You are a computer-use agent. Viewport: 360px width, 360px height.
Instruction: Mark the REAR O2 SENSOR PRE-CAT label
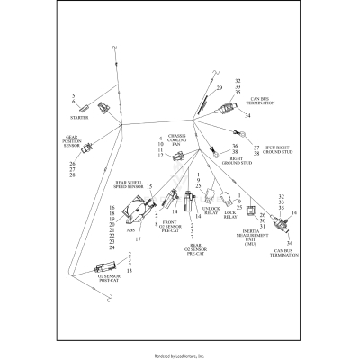tap(194, 252)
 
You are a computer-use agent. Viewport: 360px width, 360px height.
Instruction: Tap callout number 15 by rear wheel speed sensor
tap(149, 186)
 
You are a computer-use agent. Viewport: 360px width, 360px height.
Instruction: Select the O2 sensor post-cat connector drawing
tap(105, 267)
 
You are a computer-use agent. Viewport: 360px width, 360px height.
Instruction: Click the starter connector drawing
tap(105, 107)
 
